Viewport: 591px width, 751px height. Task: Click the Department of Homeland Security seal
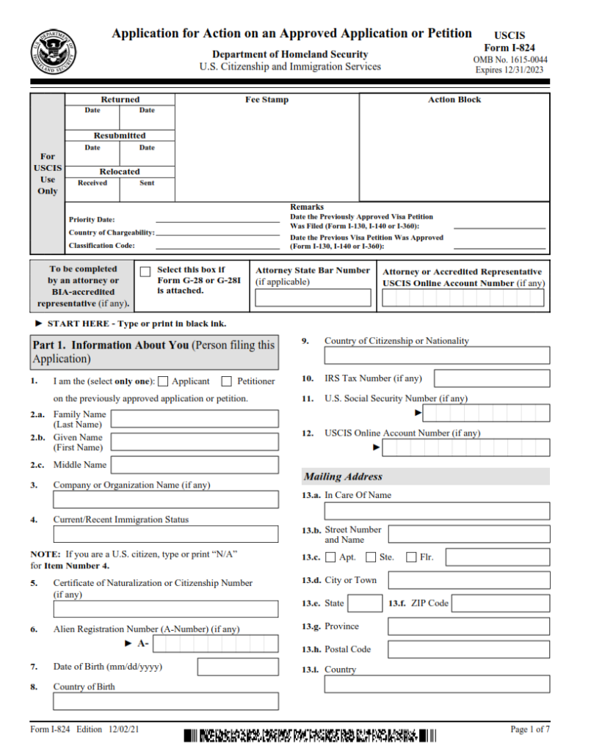tap(53, 53)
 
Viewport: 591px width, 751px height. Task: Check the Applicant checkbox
tap(163, 381)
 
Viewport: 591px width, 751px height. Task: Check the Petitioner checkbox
tap(227, 381)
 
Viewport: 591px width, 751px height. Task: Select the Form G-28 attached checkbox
tap(145, 271)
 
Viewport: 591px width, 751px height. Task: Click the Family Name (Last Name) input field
tap(195, 419)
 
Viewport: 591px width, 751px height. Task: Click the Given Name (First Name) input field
tap(195, 442)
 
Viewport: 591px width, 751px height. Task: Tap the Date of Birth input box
tap(238, 667)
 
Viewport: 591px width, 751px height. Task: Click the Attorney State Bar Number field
tap(313, 298)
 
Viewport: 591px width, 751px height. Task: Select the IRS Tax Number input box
tap(491, 378)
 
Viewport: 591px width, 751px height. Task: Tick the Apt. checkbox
tap(330, 557)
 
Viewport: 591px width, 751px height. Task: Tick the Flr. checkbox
tap(411, 557)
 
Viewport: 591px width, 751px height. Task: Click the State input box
tap(364, 604)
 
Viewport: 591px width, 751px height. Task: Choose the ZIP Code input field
tap(501, 604)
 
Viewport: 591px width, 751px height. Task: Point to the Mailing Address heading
tap(344, 477)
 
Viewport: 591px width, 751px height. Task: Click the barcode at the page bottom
tap(310, 734)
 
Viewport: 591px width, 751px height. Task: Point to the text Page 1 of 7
tap(530, 729)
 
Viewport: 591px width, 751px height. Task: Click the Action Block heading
tap(454, 100)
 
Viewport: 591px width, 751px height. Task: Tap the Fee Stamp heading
tap(267, 100)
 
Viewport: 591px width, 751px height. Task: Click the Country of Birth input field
tap(166, 701)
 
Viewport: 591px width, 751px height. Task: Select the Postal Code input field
tap(468, 649)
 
